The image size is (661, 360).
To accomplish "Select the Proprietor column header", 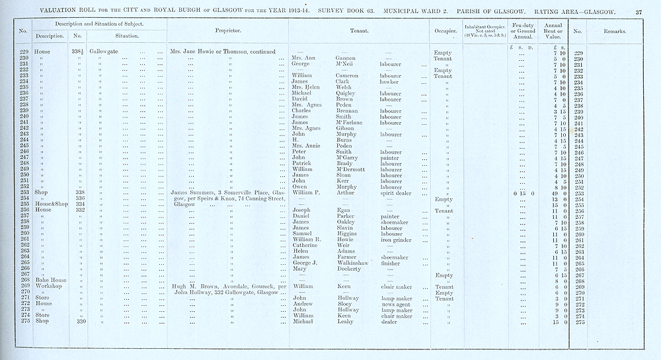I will pos(228,32).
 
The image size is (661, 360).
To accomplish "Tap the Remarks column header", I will pos(620,32).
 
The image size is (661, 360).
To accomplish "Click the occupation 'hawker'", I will pos(391,81).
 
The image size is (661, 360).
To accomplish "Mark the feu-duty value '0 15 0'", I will pos(522,193).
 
